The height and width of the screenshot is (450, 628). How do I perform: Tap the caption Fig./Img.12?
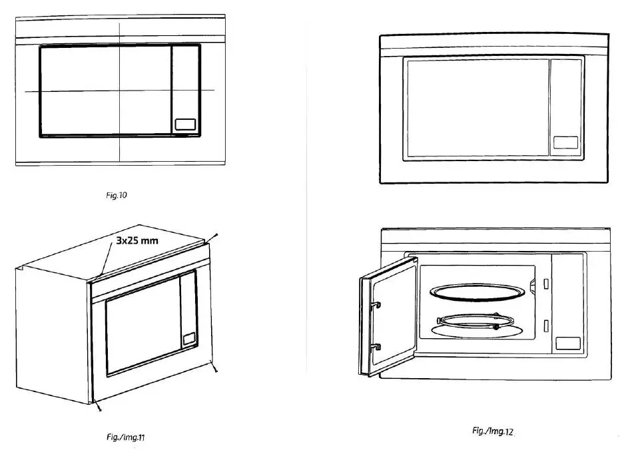(493, 431)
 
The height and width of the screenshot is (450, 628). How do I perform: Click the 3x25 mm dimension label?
(137, 240)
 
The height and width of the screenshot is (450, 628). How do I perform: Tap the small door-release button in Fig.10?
(185, 124)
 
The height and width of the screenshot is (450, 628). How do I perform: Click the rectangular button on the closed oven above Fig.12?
(565, 142)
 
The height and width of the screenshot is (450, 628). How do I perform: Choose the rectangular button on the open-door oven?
(567, 343)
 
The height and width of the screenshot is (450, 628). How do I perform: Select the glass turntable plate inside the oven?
(476, 293)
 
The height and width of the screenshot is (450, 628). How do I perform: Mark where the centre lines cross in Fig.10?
(119, 91)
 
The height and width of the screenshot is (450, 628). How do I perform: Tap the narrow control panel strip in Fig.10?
(185, 91)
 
